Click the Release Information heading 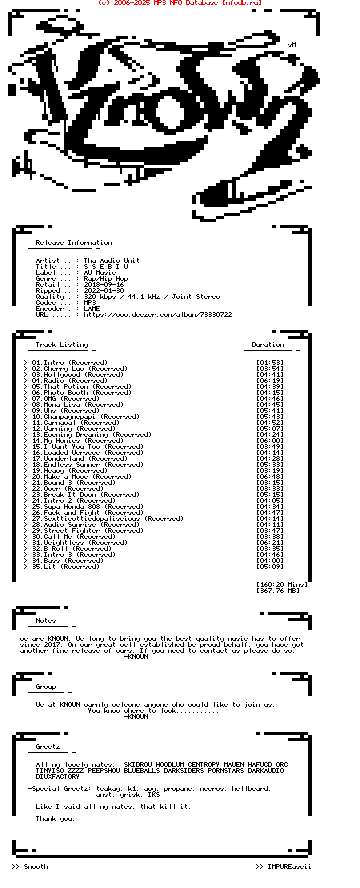pyautogui.click(x=74, y=243)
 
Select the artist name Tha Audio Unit pyautogui.click(x=112, y=261)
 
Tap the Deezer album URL pyautogui.click(x=158, y=315)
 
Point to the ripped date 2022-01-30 pyautogui.click(x=104, y=291)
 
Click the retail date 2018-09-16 pyautogui.click(x=104, y=285)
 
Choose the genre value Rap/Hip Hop pyautogui.click(x=106, y=279)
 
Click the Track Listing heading pyautogui.click(x=62, y=345)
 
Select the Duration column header pyautogui.click(x=268, y=345)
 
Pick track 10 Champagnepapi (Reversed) pyautogui.click(x=86, y=417)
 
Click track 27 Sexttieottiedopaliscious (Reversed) pyautogui.click(x=108, y=519)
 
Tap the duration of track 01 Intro pyautogui.click(x=270, y=363)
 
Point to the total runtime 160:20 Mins pyautogui.click(x=282, y=585)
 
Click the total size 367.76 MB pyautogui.click(x=278, y=591)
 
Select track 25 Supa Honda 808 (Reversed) pyautogui.click(x=88, y=507)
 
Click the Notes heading pyautogui.click(x=46, y=621)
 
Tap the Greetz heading pyautogui.click(x=48, y=747)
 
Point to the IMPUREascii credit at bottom pyautogui.click(x=289, y=867)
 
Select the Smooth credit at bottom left pyautogui.click(x=36, y=867)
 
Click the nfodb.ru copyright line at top pyautogui.click(x=180, y=3)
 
